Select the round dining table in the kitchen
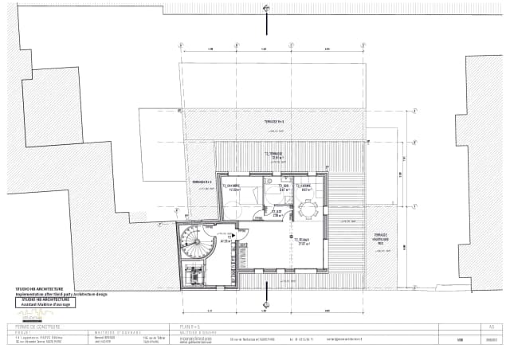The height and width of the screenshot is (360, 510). [308, 209]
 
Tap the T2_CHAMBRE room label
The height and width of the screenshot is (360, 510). [235, 189]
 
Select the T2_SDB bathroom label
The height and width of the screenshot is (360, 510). [283, 189]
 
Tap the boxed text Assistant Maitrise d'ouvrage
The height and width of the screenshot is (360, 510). [45, 303]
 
